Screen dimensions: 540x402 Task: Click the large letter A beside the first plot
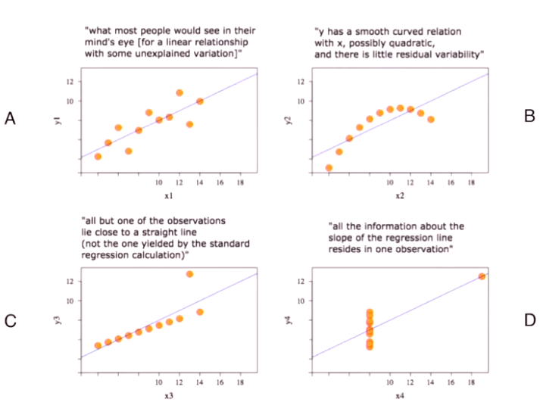click(10, 118)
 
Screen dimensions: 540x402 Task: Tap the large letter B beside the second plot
click(529, 116)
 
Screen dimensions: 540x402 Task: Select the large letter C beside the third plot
click(11, 321)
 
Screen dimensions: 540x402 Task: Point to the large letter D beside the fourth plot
click(529, 320)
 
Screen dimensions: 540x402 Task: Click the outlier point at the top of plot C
click(189, 274)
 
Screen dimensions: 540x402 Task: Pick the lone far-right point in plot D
click(482, 276)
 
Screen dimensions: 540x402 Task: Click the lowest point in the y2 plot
click(329, 168)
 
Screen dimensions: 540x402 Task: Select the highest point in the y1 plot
click(179, 92)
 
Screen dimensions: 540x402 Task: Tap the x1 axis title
click(168, 196)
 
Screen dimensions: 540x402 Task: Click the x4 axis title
click(399, 396)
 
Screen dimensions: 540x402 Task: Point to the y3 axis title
click(58, 320)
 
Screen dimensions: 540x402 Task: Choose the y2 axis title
click(289, 120)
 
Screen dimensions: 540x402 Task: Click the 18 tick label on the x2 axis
click(471, 182)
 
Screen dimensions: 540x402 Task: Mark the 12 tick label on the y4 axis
click(301, 281)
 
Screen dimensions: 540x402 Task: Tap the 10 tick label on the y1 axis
click(70, 101)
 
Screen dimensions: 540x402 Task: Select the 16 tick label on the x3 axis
click(220, 382)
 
